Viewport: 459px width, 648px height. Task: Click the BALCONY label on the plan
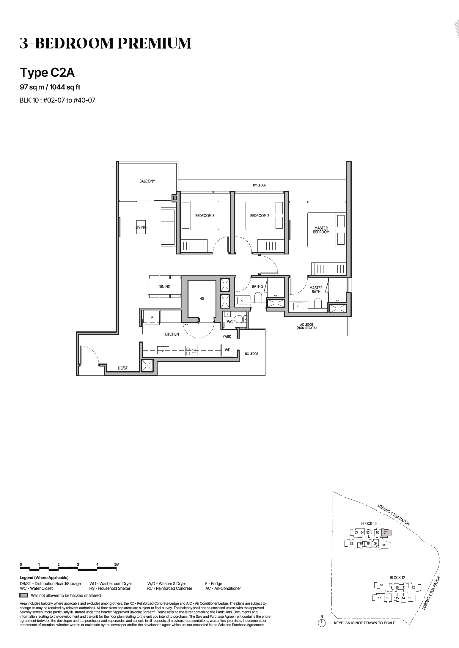tap(147, 181)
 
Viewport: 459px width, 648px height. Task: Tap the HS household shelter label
tap(202, 298)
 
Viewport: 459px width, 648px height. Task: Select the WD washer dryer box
tap(227, 350)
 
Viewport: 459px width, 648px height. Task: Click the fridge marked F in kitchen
tap(152, 317)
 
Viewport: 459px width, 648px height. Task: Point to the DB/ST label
tap(123, 368)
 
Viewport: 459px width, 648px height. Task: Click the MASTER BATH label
tap(316, 290)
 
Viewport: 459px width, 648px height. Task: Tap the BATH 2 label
tap(257, 286)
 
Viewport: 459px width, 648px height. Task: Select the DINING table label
tap(164, 287)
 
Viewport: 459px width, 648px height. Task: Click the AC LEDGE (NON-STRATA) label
tap(306, 326)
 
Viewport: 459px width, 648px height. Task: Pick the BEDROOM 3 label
tap(205, 216)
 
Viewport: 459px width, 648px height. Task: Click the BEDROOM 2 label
tap(260, 216)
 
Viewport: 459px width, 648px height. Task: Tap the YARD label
tap(227, 336)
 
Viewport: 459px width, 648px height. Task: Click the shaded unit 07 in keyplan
tap(386, 532)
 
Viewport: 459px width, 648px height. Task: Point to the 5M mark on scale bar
tap(116, 564)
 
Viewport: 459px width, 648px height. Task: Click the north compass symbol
tap(321, 623)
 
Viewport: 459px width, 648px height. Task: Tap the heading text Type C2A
tap(47, 72)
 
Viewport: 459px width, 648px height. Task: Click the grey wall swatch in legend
tap(24, 595)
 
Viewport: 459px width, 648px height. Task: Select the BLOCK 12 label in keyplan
tap(397, 578)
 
